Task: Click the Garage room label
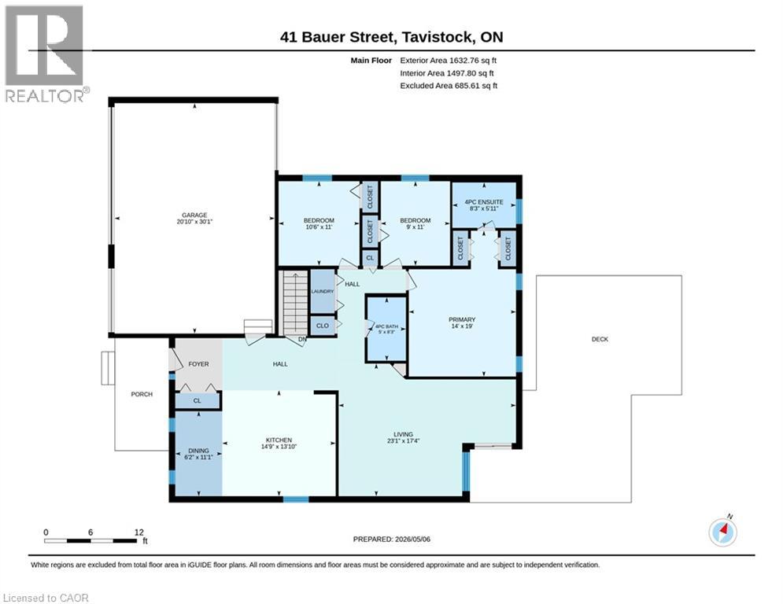(x=194, y=215)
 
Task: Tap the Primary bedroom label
(x=462, y=319)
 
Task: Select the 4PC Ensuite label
(x=484, y=201)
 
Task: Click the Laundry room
(x=322, y=292)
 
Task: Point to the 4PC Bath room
(x=386, y=328)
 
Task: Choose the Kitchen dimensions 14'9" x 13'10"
(x=279, y=447)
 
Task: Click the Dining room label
(x=199, y=451)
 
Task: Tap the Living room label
(x=403, y=434)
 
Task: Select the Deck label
(x=600, y=339)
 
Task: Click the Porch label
(x=142, y=394)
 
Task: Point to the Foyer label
(x=199, y=364)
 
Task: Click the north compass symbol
(x=723, y=531)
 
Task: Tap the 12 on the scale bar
(x=139, y=532)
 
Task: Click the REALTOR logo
(x=44, y=53)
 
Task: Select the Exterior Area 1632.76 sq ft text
(x=448, y=61)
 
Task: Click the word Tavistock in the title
(x=438, y=37)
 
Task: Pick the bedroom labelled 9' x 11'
(x=415, y=223)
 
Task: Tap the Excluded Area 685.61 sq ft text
(x=449, y=86)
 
